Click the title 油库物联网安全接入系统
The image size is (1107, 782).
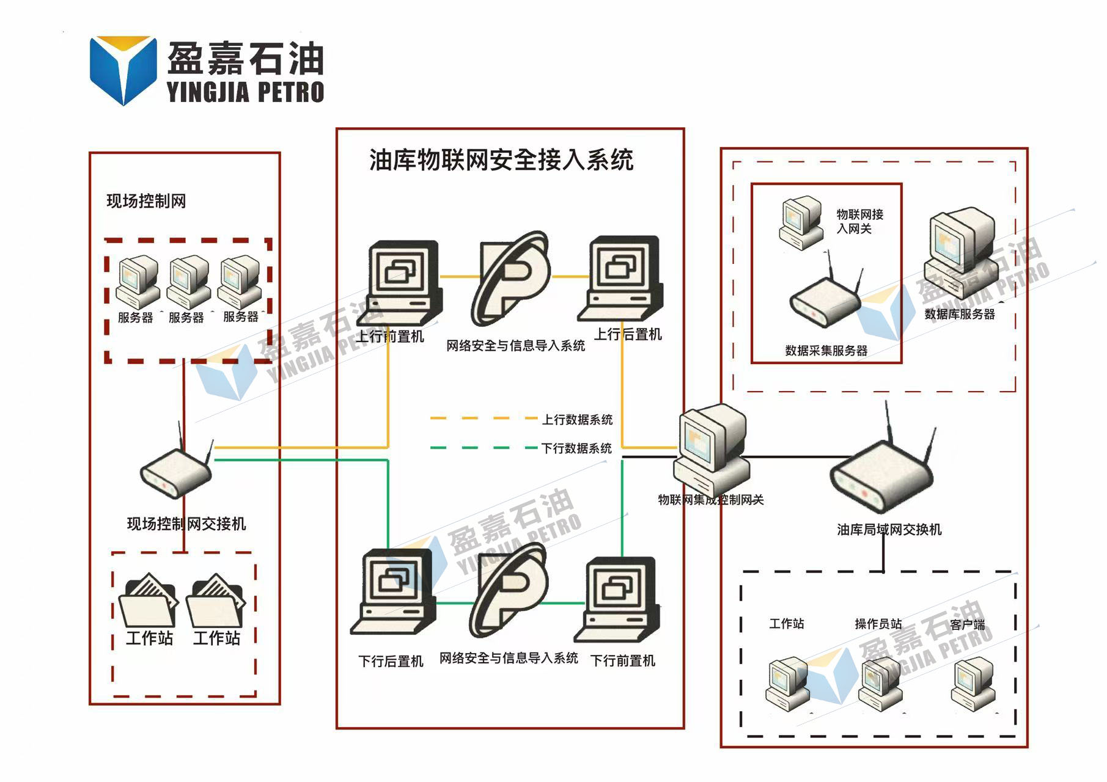[x=501, y=160]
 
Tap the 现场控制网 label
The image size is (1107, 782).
[x=146, y=201]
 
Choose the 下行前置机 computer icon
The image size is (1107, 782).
[x=619, y=599]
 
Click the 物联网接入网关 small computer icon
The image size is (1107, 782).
[x=801, y=222]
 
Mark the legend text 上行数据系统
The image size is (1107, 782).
[x=577, y=420]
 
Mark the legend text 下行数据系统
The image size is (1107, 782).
[x=576, y=448]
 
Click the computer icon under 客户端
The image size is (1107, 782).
[x=973, y=684]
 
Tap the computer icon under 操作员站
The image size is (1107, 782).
[x=881, y=684]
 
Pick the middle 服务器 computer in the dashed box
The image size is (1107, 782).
[x=188, y=282]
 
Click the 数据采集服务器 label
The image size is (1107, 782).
[x=826, y=351]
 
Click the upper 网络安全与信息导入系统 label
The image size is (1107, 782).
[x=515, y=346]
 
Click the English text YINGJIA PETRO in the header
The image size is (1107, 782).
[x=245, y=92]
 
